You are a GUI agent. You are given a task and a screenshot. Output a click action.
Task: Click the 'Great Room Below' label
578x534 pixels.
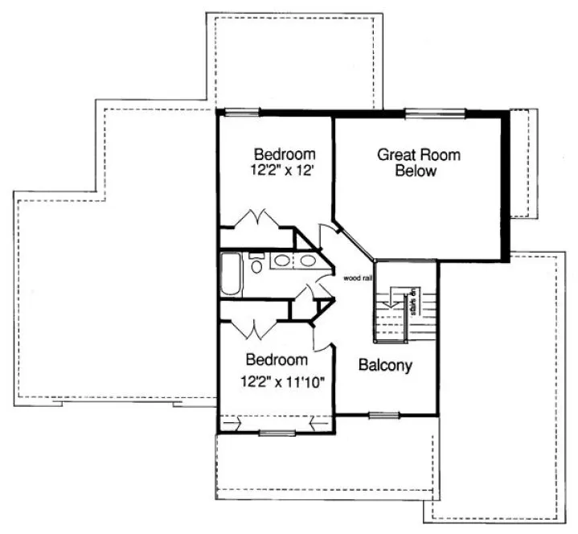coord(419,162)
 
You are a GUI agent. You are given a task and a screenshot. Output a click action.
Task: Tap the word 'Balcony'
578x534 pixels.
coord(385,365)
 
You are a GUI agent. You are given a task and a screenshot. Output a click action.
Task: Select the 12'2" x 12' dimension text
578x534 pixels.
coord(284,170)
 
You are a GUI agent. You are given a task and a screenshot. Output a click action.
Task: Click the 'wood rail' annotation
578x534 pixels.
coord(357,279)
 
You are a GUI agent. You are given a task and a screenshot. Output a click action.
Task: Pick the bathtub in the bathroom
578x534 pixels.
coord(230,275)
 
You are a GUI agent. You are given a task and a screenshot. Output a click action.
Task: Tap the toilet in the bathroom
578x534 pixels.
coord(256,263)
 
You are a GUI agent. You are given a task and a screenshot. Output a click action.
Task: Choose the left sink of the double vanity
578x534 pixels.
coord(282,261)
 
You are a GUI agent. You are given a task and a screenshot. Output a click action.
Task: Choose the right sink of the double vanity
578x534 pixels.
coord(308,261)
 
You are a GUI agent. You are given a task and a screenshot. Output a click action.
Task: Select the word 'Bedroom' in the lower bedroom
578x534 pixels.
coord(277,359)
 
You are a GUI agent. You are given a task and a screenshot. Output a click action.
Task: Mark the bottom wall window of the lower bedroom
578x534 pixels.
coord(276,434)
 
